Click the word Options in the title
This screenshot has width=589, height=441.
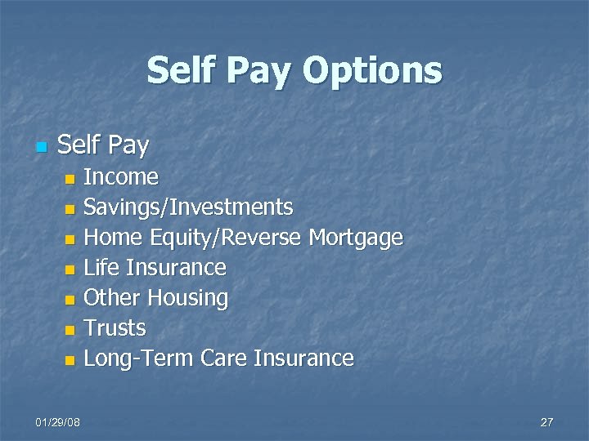[372, 71]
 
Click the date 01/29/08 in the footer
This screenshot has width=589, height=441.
[58, 421]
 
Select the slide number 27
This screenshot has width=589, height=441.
[546, 421]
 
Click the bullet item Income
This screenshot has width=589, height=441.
[121, 176]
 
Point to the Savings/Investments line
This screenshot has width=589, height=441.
[188, 207]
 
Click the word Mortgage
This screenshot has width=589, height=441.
[356, 238]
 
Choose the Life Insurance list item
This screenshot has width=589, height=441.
[155, 268]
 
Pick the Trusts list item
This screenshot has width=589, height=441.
[115, 328]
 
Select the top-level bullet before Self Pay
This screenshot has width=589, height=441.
[41, 148]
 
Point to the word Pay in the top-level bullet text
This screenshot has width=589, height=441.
[128, 146]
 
